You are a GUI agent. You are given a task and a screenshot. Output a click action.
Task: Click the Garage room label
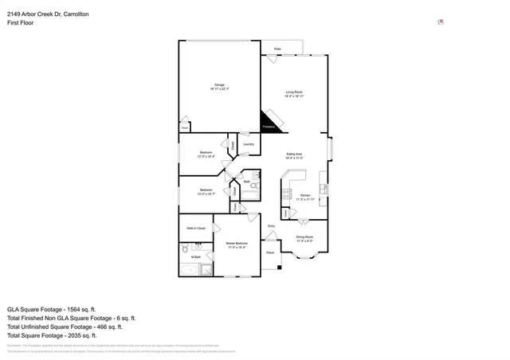[218, 87]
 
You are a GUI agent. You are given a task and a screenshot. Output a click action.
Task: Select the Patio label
[277, 49]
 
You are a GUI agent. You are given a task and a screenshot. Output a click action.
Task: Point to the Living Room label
[294, 93]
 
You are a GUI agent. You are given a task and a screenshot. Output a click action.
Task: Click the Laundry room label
[248, 144]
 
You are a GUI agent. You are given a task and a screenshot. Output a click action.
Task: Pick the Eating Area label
[294, 155]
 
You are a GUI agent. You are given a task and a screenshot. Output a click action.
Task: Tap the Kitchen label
[304, 195]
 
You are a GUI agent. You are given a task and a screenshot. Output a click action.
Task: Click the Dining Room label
[304, 237]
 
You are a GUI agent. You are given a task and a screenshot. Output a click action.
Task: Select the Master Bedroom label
[237, 244]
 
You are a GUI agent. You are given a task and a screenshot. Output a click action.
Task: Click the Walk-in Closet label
[196, 229]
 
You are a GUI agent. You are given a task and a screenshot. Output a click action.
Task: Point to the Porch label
[270, 252]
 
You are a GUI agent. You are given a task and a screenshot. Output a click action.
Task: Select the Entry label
[272, 228]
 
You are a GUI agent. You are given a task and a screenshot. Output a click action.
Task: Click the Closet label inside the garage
[184, 127]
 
